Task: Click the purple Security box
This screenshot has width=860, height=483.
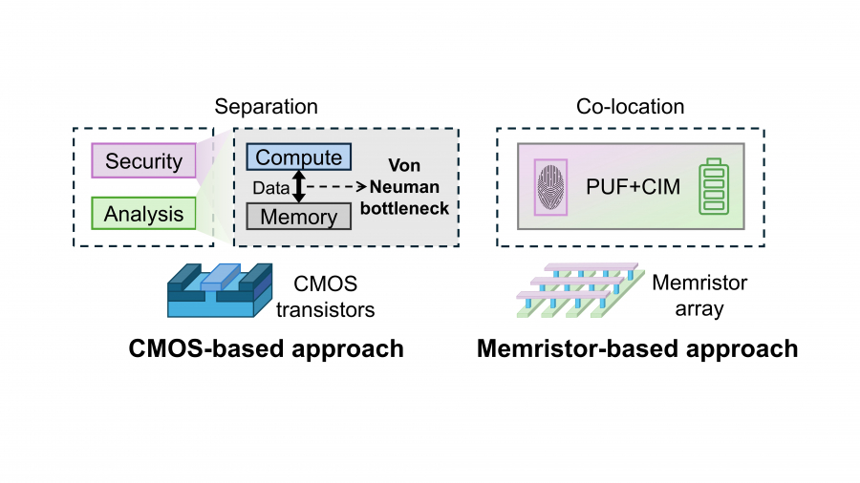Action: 143,160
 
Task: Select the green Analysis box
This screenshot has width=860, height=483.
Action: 143,214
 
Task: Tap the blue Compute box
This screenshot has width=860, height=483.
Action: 299,157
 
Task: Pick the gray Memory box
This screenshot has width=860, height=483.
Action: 299,217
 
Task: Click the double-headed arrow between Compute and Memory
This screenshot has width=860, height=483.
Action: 298,186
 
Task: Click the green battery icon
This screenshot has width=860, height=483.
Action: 714,186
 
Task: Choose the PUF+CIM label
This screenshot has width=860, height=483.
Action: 633,186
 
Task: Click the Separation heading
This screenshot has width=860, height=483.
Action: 266,106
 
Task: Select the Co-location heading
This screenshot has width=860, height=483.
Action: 630,106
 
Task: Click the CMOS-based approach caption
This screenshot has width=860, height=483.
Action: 267,348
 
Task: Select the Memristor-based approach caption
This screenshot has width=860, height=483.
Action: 637,348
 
